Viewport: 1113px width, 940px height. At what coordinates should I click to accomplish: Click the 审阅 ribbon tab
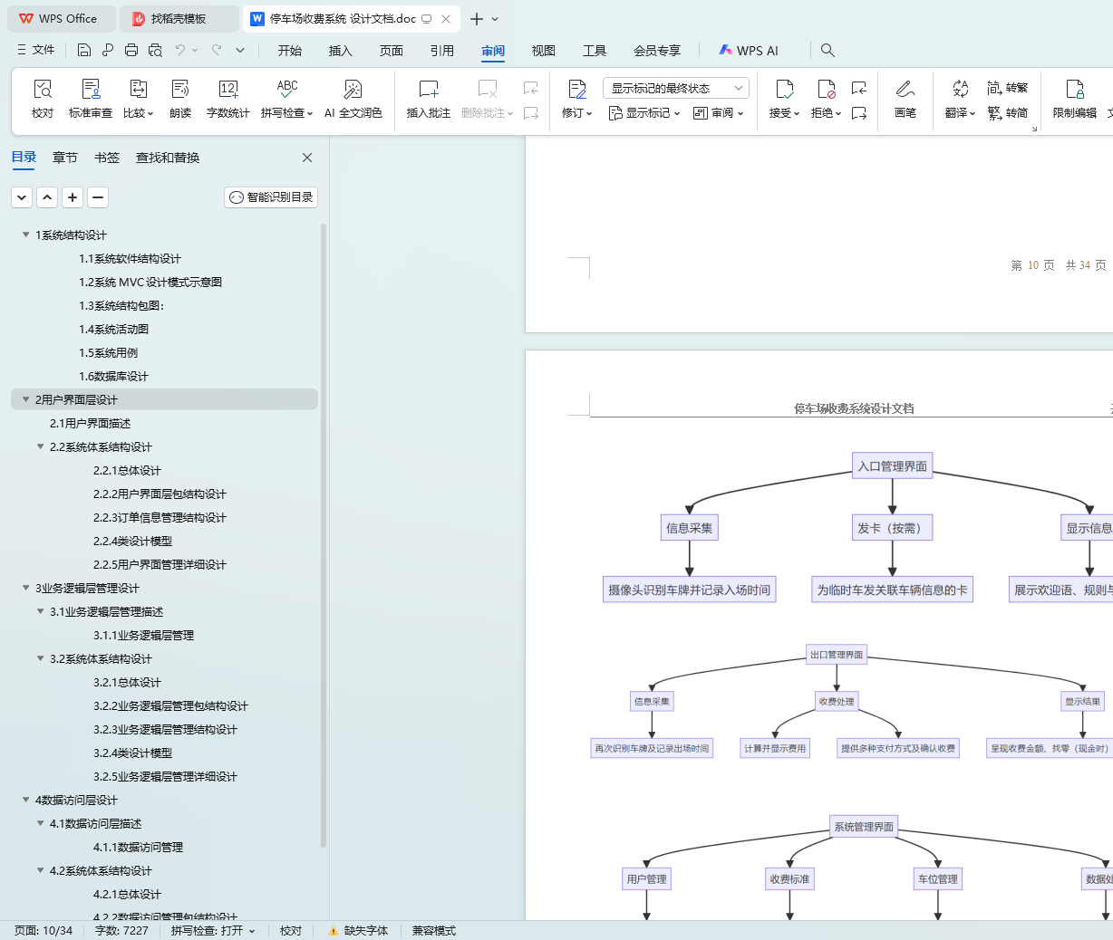pyautogui.click(x=493, y=51)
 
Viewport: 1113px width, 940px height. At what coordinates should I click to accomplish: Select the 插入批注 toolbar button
pyautogui.click(x=428, y=98)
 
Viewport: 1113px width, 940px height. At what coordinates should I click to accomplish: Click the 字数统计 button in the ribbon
pyautogui.click(x=227, y=98)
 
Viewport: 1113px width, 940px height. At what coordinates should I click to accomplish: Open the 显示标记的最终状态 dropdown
pyautogui.click(x=675, y=88)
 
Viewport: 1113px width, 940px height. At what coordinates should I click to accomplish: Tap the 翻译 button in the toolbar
pyautogui.click(x=960, y=98)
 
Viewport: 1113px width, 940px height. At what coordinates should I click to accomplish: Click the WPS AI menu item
pyautogui.click(x=749, y=51)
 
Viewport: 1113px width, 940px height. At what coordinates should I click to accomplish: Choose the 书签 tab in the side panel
pyautogui.click(x=107, y=158)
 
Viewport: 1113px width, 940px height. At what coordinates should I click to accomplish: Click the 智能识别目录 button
pyautogui.click(x=271, y=197)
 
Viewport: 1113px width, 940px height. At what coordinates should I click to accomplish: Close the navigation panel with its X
pyautogui.click(x=307, y=158)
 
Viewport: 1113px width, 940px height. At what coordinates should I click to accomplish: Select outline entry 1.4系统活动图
pyautogui.click(x=113, y=330)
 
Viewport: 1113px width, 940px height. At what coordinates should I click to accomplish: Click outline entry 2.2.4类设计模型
pyautogui.click(x=132, y=542)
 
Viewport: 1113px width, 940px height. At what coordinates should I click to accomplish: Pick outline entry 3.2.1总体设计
pyautogui.click(x=127, y=683)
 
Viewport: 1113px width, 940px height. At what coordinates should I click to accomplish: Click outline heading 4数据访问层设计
pyautogui.click(x=76, y=801)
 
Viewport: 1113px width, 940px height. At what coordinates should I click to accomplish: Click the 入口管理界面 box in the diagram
pyautogui.click(x=892, y=466)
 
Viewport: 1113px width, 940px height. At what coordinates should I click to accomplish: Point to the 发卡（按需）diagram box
pyautogui.click(x=892, y=528)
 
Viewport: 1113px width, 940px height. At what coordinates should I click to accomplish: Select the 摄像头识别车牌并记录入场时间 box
pyautogui.click(x=689, y=590)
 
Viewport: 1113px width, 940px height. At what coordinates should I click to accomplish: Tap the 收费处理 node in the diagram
pyautogui.click(x=836, y=701)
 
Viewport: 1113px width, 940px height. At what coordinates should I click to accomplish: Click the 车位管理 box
pyautogui.click(x=937, y=878)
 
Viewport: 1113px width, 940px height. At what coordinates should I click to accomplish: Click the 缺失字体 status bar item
pyautogui.click(x=365, y=931)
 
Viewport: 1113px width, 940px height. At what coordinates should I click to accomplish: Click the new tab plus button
pyautogui.click(x=477, y=19)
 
